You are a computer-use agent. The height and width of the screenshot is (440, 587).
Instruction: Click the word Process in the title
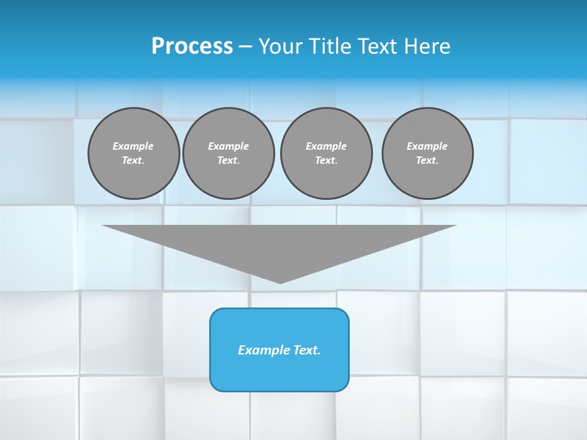192,46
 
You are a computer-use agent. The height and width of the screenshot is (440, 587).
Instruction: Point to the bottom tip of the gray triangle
280,282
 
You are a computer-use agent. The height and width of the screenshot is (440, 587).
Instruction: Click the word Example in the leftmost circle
133,146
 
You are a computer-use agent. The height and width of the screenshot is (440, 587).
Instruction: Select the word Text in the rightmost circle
427,160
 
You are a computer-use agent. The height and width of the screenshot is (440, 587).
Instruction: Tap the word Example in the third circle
327,146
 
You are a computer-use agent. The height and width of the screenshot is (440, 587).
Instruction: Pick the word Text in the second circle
229,160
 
